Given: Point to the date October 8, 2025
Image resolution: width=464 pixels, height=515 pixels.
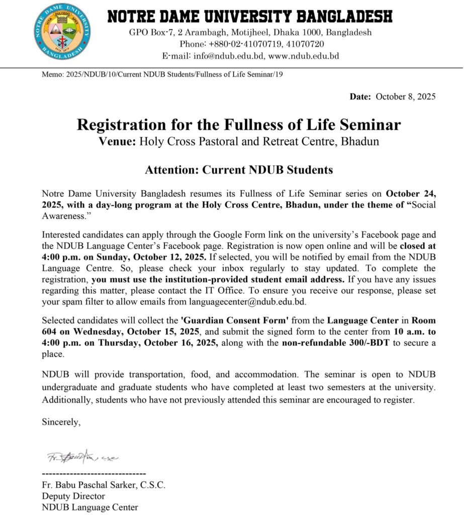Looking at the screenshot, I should point(406,97).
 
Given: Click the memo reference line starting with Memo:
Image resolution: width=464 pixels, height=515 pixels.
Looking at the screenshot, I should point(165,74).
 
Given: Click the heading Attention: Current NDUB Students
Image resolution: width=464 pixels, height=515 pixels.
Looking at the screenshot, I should point(239,169).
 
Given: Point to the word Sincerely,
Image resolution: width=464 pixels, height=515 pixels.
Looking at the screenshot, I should point(61,422).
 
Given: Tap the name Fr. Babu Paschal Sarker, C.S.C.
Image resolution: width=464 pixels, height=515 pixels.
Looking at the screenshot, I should point(104,485).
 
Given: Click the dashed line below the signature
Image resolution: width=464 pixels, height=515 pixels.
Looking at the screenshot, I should point(94,474).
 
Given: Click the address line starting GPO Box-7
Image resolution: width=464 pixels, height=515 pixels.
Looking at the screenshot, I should point(250,33).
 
